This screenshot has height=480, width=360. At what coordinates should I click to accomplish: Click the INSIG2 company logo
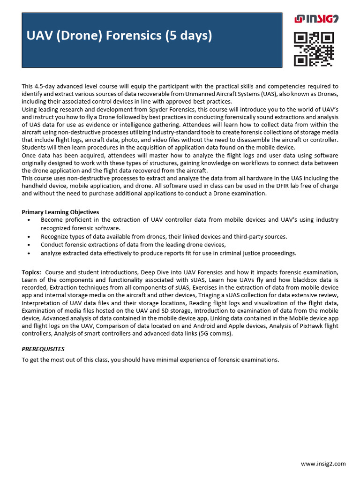pos(316,19)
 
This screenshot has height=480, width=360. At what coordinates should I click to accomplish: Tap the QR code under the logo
pos(314,49)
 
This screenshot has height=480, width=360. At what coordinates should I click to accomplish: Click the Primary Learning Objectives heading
pos(60,212)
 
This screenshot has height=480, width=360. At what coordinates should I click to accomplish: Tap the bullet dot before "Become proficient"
pos(30,220)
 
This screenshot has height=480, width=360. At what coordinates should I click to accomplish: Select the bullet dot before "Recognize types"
pos(30,237)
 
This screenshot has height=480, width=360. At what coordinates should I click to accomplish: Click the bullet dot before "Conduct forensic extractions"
pos(30,245)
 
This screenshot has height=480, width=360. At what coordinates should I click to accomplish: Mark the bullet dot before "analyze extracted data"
pos(30,253)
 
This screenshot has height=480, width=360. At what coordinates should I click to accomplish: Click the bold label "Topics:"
pos(31,272)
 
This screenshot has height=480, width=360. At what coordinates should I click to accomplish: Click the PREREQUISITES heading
pos(43,349)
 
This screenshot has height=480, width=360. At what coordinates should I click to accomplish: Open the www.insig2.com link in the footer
pos(323,464)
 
